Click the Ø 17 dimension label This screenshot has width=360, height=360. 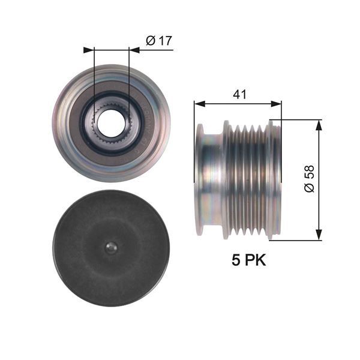point(158,41)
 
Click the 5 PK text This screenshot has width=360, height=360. point(248,260)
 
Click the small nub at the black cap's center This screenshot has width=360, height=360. point(110,247)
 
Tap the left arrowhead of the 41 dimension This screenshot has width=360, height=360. point(199,104)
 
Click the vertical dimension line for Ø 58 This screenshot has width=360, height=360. point(319,180)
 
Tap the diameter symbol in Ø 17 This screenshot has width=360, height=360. point(151,41)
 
